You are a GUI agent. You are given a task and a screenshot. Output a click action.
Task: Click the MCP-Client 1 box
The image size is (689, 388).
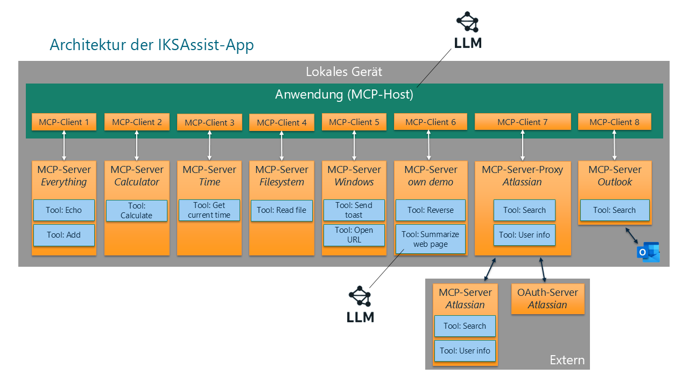tap(64, 122)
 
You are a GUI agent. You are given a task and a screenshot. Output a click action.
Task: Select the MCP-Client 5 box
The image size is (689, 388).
tap(354, 122)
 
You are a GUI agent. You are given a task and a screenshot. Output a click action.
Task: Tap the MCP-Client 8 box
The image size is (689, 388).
tap(614, 122)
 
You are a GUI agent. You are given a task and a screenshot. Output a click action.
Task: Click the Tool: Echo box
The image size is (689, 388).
tap(64, 210)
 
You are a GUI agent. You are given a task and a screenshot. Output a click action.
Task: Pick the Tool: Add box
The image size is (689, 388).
tap(64, 235)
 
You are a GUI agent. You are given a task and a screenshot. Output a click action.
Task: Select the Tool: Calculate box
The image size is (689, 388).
tap(137, 211)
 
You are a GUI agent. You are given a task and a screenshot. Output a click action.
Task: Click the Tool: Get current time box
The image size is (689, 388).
tap(209, 210)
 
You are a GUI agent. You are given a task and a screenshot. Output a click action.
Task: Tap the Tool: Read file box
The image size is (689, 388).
tap(282, 210)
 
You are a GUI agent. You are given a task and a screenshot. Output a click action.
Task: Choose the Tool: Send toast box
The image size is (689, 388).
tap(354, 210)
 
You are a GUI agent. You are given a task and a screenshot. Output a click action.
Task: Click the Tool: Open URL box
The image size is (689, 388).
tap(354, 235)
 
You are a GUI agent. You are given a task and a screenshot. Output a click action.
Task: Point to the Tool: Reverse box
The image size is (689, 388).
tap(430, 210)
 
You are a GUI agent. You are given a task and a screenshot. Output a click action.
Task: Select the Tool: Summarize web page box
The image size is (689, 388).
tap(430, 239)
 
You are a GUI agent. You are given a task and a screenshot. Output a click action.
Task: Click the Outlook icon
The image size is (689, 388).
tap(648, 252)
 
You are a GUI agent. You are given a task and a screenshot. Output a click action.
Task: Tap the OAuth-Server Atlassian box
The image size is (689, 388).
tap(547, 299)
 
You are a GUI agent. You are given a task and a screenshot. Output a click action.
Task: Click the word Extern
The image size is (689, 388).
tap(566, 360)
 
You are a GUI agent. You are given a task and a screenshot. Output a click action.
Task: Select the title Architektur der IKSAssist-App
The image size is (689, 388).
tap(151, 45)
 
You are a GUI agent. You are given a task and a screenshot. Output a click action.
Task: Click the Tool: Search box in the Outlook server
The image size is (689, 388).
tap(614, 210)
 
